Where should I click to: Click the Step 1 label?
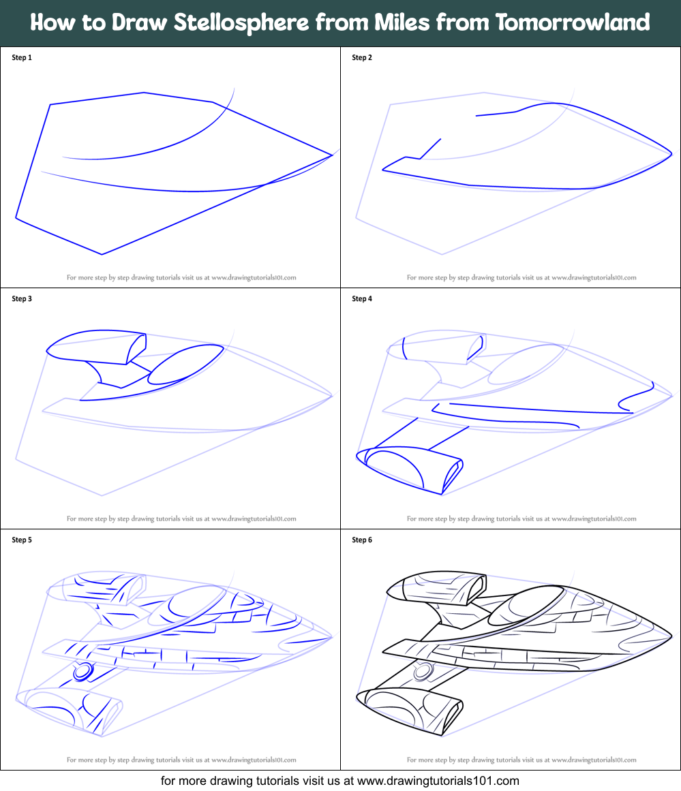pyautogui.click(x=22, y=58)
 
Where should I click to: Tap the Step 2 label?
pyautogui.click(x=362, y=58)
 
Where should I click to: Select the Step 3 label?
pyautogui.click(x=22, y=299)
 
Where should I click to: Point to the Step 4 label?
pyautogui.click(x=362, y=299)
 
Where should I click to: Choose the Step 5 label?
pyautogui.click(x=22, y=540)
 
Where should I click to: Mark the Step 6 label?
pyautogui.click(x=362, y=540)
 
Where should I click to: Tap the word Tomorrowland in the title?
pyautogui.click(x=573, y=22)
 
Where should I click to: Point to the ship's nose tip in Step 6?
pyautogui.click(x=671, y=636)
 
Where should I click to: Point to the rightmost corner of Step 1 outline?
pyautogui.click(x=332, y=155)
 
